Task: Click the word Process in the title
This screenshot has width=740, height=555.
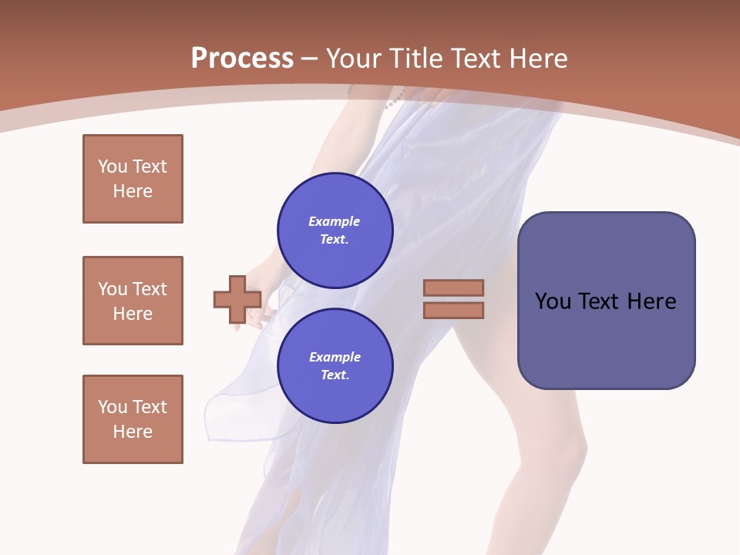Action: (x=242, y=59)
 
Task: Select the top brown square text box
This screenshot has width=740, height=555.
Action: (x=133, y=179)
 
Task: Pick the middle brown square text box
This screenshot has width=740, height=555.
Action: (x=133, y=301)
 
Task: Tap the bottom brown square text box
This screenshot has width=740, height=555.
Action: (x=133, y=419)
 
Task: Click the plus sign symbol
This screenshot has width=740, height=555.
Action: (x=237, y=299)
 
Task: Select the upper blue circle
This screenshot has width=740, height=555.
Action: (x=335, y=230)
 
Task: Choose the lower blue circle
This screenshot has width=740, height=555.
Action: (x=335, y=366)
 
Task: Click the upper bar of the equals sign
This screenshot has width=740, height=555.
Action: (x=453, y=288)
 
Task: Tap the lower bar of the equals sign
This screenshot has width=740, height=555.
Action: (x=453, y=310)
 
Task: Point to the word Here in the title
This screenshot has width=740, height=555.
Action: (x=536, y=59)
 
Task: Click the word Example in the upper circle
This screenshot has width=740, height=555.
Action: (x=335, y=221)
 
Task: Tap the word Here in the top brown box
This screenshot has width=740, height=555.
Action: (x=133, y=191)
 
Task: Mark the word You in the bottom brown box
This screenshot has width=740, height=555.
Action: (x=113, y=407)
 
